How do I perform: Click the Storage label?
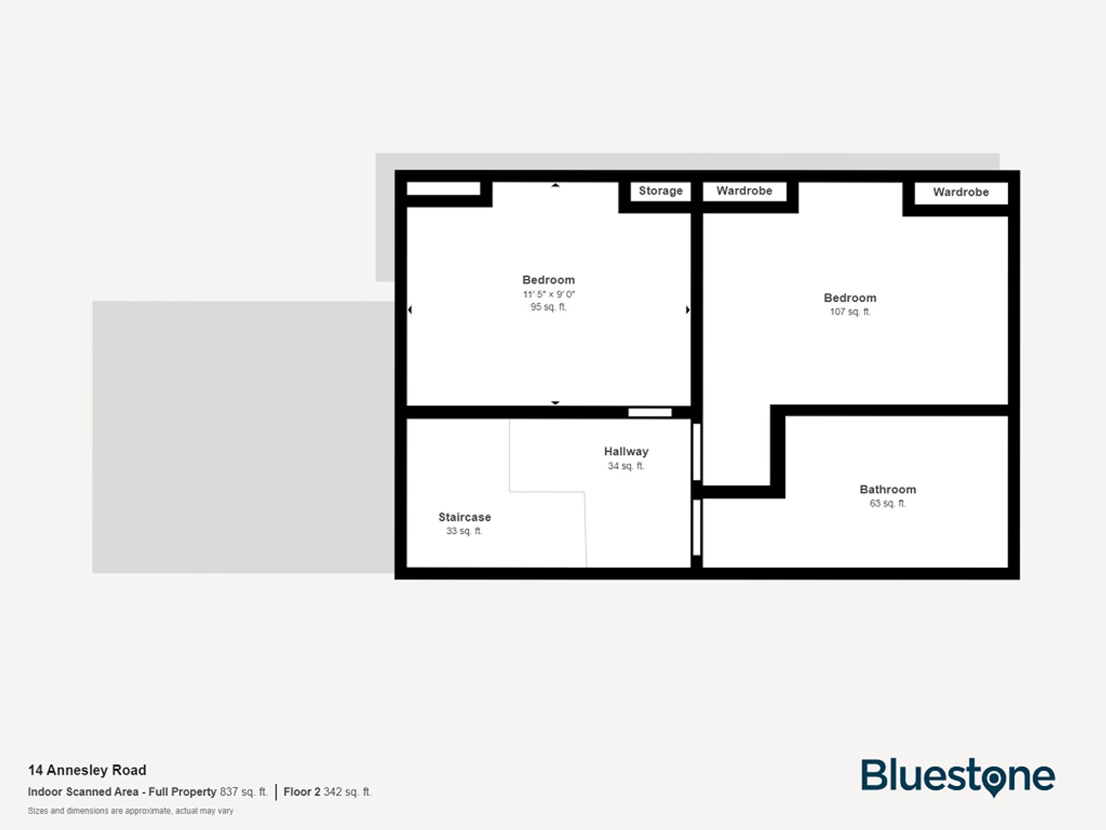click(660, 191)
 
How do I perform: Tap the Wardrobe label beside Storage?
click(744, 191)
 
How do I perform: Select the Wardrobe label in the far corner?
click(961, 192)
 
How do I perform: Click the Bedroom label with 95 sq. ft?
click(549, 280)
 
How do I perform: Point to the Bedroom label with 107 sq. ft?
click(850, 298)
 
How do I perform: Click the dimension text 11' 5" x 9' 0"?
click(549, 294)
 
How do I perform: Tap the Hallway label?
click(626, 452)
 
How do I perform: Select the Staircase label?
click(465, 517)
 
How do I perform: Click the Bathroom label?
click(888, 490)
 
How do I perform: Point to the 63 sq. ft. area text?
click(888, 504)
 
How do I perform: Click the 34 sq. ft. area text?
click(626, 466)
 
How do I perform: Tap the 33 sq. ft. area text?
click(465, 531)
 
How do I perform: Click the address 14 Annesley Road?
click(87, 770)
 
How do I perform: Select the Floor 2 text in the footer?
click(302, 792)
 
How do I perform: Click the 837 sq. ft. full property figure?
click(243, 792)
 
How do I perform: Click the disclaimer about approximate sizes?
click(131, 811)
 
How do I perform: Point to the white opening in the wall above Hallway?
click(650, 412)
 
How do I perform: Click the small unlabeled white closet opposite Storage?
click(443, 189)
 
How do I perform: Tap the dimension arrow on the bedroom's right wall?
click(687, 310)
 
